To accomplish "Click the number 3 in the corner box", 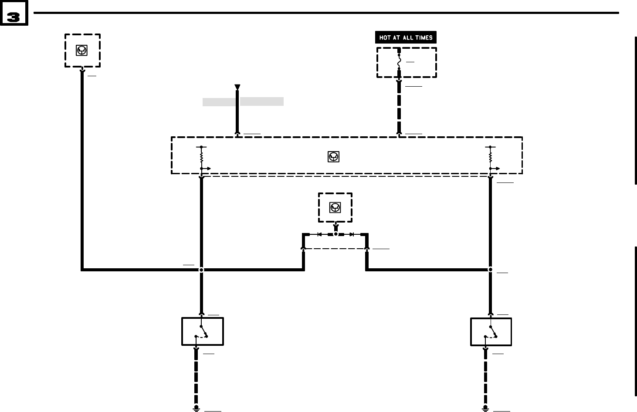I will click(14, 17).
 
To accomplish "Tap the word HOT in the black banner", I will click(385, 38).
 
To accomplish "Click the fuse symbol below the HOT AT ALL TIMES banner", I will click(399, 62).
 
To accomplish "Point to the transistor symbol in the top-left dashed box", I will click(81, 51).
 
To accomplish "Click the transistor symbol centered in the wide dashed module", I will click(333, 157).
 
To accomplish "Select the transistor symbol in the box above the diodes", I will click(335, 208).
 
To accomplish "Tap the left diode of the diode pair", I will click(319, 234).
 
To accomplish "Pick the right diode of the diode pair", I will click(352, 234).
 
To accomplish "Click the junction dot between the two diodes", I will click(335, 234).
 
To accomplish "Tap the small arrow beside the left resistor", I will click(207, 169).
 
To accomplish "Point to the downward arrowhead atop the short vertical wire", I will click(237, 88).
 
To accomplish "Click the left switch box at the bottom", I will click(202, 331).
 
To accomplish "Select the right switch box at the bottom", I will click(491, 332).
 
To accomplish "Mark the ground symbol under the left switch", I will click(197, 408).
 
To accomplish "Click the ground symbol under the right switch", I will click(485, 408).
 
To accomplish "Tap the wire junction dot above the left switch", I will click(201, 270).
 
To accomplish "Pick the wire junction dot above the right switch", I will click(490, 270).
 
